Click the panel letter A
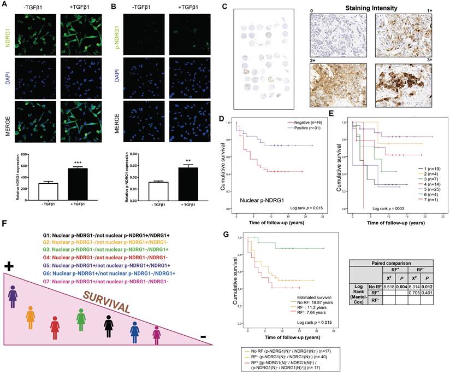[5, 5]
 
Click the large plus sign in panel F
[8, 266]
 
